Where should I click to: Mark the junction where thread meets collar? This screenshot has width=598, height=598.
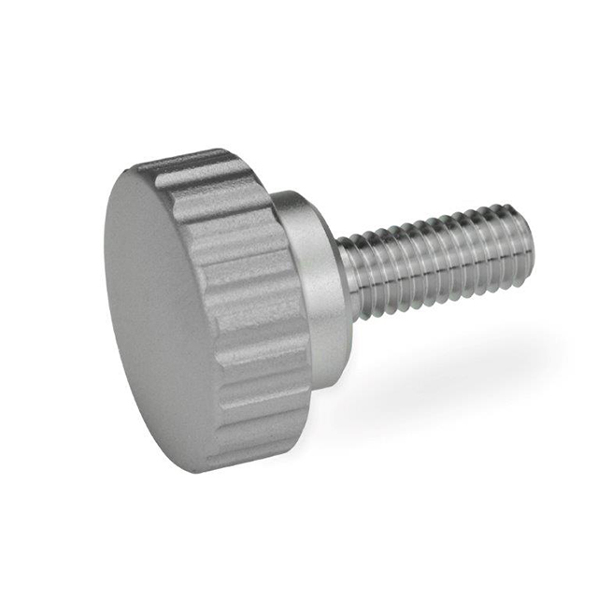(x=342, y=280)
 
